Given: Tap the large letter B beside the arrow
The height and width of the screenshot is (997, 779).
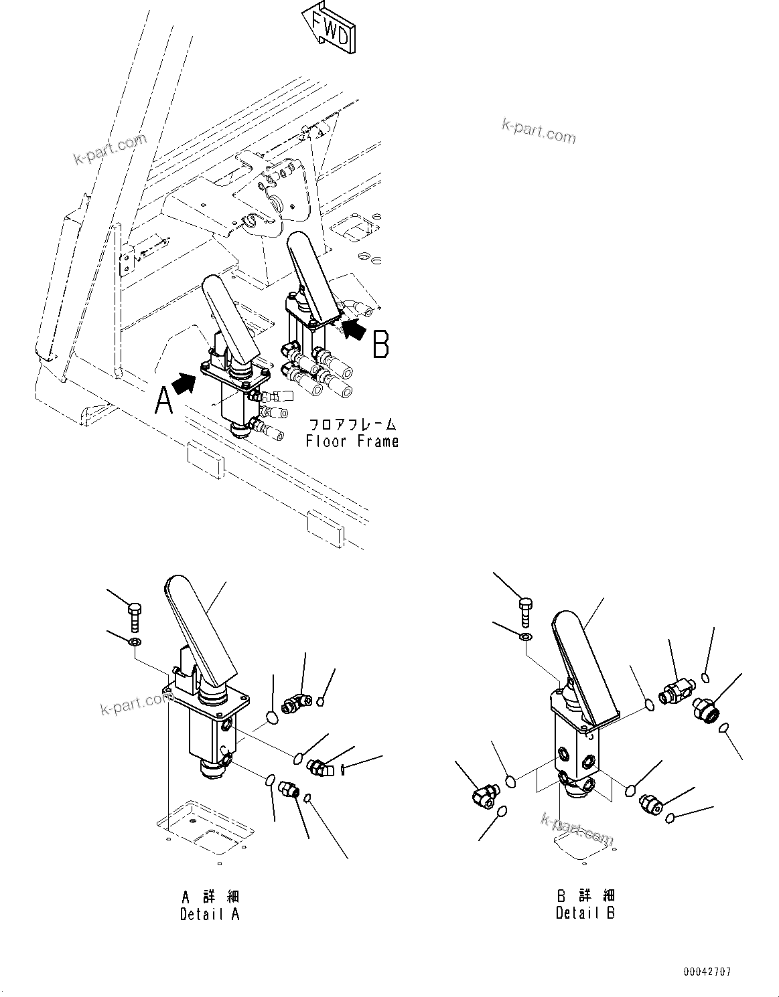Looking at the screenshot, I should click(380, 347).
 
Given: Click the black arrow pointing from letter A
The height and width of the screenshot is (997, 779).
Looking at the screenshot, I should click(182, 383).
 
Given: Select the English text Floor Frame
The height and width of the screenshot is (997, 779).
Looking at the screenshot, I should click(352, 442).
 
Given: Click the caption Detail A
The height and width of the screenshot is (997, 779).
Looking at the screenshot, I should click(209, 914).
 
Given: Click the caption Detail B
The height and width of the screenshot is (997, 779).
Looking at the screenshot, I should click(585, 913).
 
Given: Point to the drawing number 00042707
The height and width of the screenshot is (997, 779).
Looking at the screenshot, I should click(707, 972).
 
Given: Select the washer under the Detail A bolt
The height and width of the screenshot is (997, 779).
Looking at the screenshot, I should click(135, 643).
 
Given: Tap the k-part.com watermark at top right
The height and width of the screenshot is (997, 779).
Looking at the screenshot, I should click(539, 130).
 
